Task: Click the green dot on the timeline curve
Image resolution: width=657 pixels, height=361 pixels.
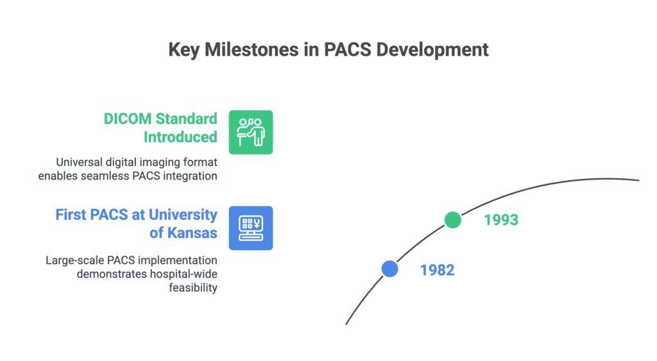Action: tap(453, 220)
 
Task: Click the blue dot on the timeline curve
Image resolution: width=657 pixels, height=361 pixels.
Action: tap(389, 269)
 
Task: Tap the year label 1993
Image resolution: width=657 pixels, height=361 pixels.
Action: tap(501, 220)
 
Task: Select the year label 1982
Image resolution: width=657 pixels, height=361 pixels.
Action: tap(437, 270)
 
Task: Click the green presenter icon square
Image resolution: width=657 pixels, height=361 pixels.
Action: tap(251, 132)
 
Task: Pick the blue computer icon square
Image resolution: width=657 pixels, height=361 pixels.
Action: tap(251, 228)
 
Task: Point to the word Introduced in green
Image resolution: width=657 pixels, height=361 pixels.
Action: tap(180, 137)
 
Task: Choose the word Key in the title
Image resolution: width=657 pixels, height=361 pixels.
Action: tap(183, 50)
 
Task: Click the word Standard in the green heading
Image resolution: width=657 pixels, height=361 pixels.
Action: tap(187, 119)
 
